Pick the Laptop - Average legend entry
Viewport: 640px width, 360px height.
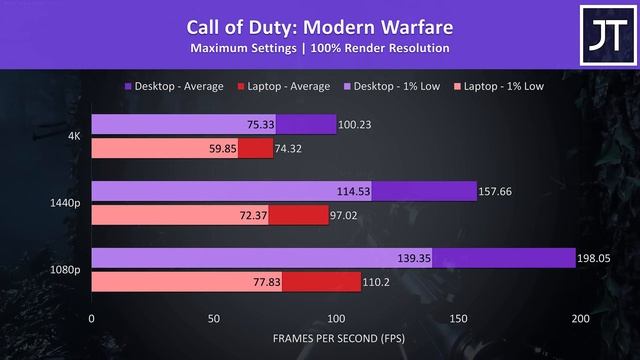click(x=287, y=86)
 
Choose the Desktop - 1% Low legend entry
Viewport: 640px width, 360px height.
click(x=393, y=86)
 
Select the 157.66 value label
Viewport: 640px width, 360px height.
click(x=496, y=192)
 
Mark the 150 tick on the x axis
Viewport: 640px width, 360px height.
click(x=458, y=319)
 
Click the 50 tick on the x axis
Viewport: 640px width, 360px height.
click(x=213, y=319)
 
